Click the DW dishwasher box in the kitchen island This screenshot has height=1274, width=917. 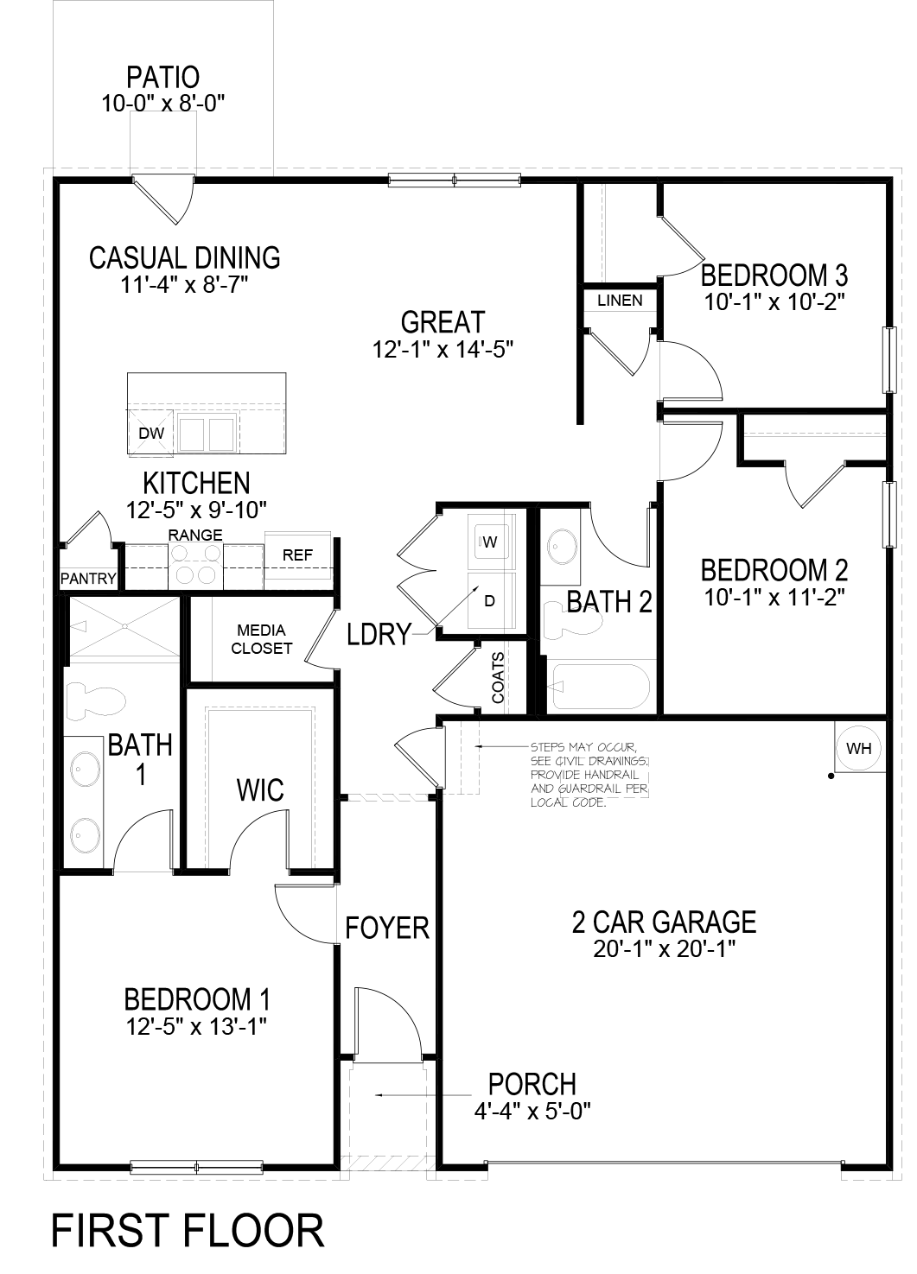coord(151,434)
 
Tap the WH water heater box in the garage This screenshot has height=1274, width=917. coord(858,748)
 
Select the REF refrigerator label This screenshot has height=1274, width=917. coord(297,555)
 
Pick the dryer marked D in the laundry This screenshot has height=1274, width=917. coord(489,600)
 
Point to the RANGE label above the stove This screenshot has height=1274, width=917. coord(195,536)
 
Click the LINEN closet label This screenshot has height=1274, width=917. coord(620,301)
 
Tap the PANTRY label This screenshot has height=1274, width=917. coord(88,578)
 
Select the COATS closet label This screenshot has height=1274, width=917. coord(499,677)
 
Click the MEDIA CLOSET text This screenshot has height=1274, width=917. coord(262,639)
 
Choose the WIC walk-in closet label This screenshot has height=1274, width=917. coord(260,789)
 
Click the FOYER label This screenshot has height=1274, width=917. coord(387,928)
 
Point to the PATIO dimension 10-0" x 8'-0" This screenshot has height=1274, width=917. coord(163,105)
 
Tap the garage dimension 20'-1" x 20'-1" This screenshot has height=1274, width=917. coord(664,949)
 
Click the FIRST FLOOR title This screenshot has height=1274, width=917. coord(188,1230)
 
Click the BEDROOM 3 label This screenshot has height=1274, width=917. coord(774,276)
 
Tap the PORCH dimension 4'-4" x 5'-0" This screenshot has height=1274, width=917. coord(532,1111)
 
